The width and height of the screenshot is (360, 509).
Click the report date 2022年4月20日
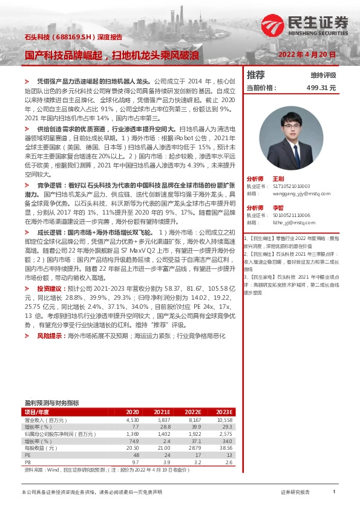[306, 54]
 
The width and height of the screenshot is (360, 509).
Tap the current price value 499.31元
[321, 88]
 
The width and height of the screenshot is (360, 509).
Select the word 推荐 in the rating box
[256, 75]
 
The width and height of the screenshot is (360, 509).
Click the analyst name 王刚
[278, 179]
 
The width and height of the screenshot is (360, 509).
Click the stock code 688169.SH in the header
[75, 37]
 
